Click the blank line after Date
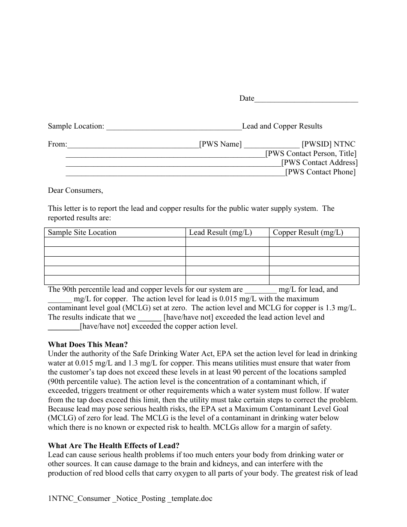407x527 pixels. coord(306,99)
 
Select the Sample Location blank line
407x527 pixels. coord(174,126)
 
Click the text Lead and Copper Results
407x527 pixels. coord(282,126)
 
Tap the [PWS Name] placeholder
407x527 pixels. coord(220,144)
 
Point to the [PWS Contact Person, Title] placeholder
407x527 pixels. coord(311,153)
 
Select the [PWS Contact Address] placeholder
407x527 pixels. coord(319,163)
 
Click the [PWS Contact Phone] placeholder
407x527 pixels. coord(320,172)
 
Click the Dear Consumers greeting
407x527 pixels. coord(75,190)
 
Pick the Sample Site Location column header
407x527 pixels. coord(82,232)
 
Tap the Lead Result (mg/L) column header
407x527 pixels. coord(220,232)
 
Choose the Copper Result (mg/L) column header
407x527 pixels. coord(308,232)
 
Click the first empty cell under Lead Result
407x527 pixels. coord(227,242)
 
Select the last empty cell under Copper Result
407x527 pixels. coord(314,280)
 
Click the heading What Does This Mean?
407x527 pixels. coord(88,344)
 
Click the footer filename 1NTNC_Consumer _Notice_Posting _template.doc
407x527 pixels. coord(130,498)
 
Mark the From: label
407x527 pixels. coord(57,144)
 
